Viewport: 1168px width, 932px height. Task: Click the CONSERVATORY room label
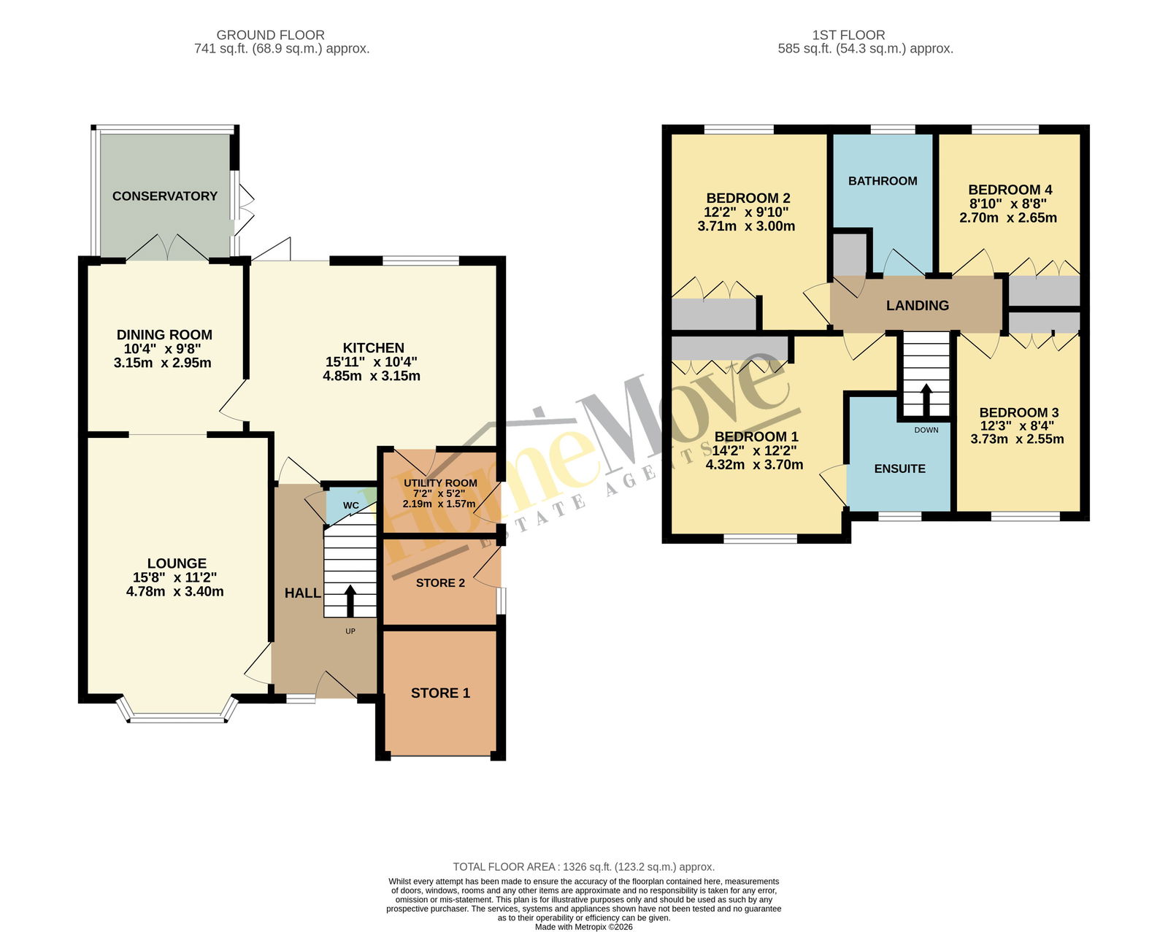pyautogui.click(x=164, y=196)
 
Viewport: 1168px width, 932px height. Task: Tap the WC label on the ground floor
pyautogui.click(x=350, y=505)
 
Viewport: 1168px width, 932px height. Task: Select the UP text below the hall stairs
pyautogui.click(x=350, y=631)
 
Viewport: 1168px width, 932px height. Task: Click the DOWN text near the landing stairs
pyautogui.click(x=926, y=430)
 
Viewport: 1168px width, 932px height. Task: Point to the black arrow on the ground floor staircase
pyautogui.click(x=350, y=601)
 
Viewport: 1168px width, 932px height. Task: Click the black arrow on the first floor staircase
pyautogui.click(x=926, y=400)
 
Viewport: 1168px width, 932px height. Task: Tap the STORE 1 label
pyautogui.click(x=440, y=693)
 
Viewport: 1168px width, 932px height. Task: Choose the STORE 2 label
pyautogui.click(x=440, y=583)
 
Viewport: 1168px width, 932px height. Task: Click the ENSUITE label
pyautogui.click(x=899, y=469)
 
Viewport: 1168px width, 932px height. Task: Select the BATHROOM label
pyautogui.click(x=883, y=181)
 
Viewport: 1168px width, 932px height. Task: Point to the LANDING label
pyautogui.click(x=918, y=306)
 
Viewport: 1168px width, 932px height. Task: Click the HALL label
pyautogui.click(x=303, y=593)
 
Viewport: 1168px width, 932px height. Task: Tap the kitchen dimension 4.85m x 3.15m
pyautogui.click(x=372, y=376)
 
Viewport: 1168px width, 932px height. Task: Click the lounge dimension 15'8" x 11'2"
pyautogui.click(x=174, y=577)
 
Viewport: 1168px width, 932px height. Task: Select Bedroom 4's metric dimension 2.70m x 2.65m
pyautogui.click(x=1008, y=217)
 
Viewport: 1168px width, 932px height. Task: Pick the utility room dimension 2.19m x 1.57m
pyautogui.click(x=439, y=504)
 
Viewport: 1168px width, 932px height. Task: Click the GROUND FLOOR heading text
pyautogui.click(x=270, y=35)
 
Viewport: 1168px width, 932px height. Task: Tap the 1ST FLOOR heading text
pyautogui.click(x=848, y=35)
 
